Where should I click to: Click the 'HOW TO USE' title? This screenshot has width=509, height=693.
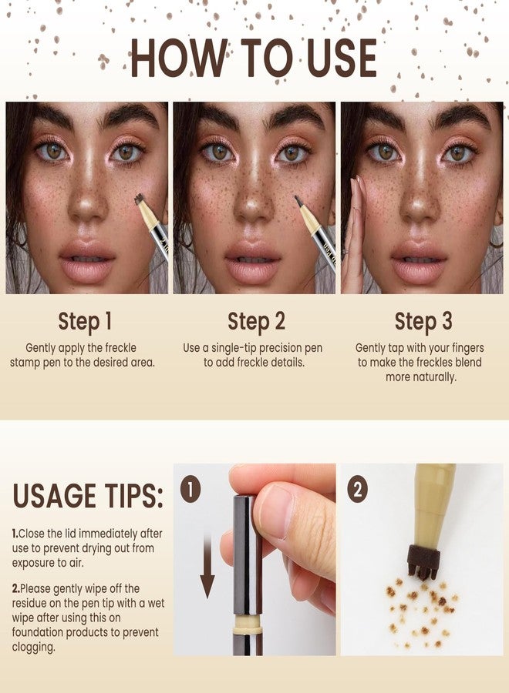point(254,58)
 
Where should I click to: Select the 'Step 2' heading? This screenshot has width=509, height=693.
point(255,321)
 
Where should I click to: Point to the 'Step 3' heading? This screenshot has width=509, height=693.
point(423,321)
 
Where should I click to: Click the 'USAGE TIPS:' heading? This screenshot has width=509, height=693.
point(88,497)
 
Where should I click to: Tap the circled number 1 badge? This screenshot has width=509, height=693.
point(190,488)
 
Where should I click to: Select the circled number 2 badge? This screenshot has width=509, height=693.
point(357,488)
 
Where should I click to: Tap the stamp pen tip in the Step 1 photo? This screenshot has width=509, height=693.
point(140,199)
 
